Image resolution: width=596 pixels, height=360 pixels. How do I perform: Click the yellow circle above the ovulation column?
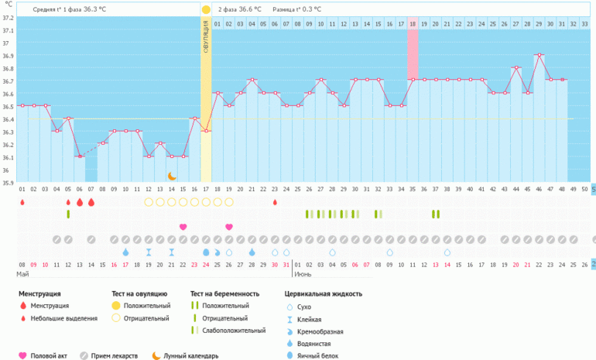coord(206,9)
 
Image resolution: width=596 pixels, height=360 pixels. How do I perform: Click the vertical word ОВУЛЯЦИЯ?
coord(206,38)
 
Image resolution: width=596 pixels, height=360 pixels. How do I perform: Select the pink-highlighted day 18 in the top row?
coord(413,25)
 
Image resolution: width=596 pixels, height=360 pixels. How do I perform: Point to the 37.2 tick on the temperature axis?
coord(8,18)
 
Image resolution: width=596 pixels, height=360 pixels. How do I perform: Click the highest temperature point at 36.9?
coord(539,55)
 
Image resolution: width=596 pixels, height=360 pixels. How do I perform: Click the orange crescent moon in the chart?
coord(172,177)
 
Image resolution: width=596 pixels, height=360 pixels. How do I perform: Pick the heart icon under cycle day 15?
coord(183,227)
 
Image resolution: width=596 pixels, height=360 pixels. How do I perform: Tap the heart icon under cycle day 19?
coord(229,227)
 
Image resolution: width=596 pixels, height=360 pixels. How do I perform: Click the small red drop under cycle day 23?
coord(275,203)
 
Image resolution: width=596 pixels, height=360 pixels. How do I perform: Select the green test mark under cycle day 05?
coord(68,214)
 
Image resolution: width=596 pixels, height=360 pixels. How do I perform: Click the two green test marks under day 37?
coord(436,214)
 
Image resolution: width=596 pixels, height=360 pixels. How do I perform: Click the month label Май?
coord(23,275)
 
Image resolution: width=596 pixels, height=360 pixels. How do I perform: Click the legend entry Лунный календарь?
coord(190,356)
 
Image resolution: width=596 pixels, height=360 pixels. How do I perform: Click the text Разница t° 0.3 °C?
coord(296,9)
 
